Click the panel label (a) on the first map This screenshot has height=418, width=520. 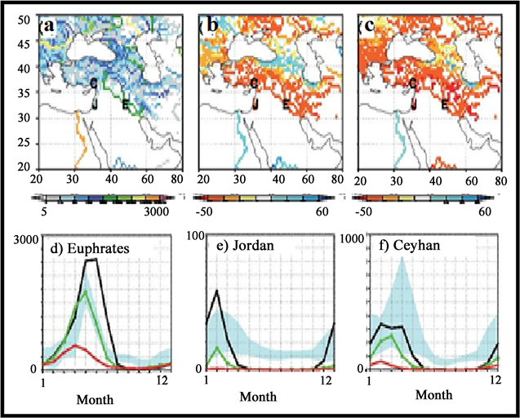[47, 26]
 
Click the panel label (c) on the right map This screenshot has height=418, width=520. [367, 26]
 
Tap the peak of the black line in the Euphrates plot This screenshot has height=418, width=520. [91, 260]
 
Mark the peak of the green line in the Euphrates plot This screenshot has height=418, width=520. [86, 291]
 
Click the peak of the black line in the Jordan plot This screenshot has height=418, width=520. [217, 291]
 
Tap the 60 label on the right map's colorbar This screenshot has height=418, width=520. [486, 211]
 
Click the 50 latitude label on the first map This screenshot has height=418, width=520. [24, 19]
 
